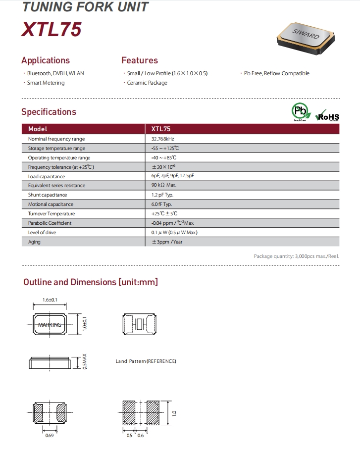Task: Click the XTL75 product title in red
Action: click(x=51, y=30)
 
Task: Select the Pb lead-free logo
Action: click(x=299, y=111)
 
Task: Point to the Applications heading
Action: click(x=46, y=60)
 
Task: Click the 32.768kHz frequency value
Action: click(x=163, y=139)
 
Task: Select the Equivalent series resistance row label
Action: click(x=56, y=186)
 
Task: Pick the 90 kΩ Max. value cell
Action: click(x=164, y=186)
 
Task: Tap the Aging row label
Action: click(x=35, y=242)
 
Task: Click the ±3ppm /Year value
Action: click(x=167, y=242)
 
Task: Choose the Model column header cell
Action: click(x=38, y=129)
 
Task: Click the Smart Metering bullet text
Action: click(x=46, y=83)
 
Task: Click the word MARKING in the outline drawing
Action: click(x=50, y=325)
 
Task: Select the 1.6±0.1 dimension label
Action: click(x=51, y=300)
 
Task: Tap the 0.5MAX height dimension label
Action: click(x=84, y=363)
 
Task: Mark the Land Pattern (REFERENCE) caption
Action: click(x=146, y=361)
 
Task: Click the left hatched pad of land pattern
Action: click(x=130, y=411)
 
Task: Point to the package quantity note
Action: click(x=296, y=256)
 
